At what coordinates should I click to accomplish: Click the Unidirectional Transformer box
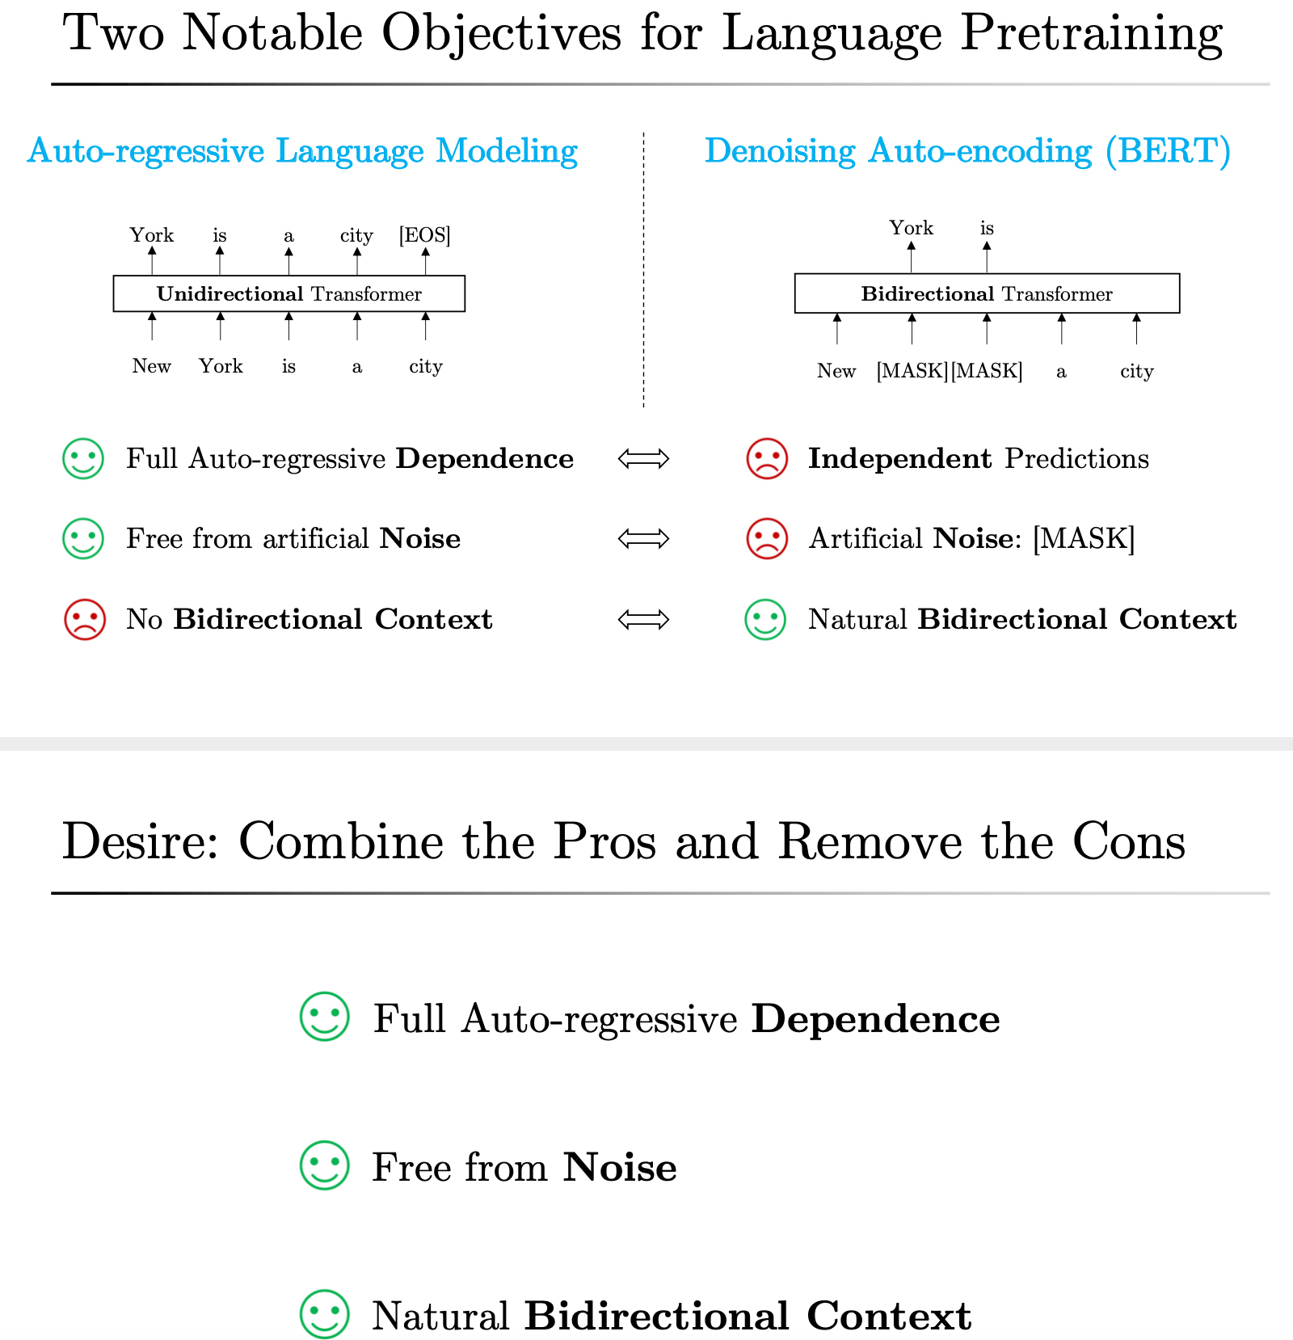pyautogui.click(x=289, y=293)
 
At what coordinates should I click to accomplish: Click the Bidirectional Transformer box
pyautogui.click(x=987, y=293)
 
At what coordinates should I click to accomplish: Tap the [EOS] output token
pyautogui.click(x=424, y=235)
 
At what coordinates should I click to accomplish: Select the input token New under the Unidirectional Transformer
pyautogui.click(x=151, y=366)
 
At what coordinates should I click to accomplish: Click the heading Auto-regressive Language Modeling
pyautogui.click(x=302, y=151)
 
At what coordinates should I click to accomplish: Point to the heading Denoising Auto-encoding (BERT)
pyautogui.click(x=967, y=151)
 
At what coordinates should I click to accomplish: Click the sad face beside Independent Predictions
pyautogui.click(x=766, y=459)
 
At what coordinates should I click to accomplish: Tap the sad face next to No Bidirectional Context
pyautogui.click(x=84, y=620)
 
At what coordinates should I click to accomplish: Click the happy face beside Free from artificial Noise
pyautogui.click(x=83, y=539)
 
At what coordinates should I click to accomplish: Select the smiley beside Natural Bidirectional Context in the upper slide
pyautogui.click(x=764, y=620)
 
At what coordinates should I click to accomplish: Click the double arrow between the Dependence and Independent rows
pyautogui.click(x=643, y=459)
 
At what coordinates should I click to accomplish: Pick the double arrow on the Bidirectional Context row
pyautogui.click(x=643, y=620)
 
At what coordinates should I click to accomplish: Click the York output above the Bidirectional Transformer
pyautogui.click(x=911, y=228)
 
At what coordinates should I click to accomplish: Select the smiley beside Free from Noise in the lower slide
pyautogui.click(x=324, y=1165)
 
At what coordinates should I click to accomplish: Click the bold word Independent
pyautogui.click(x=899, y=459)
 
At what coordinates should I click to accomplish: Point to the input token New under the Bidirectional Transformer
pyautogui.click(x=836, y=371)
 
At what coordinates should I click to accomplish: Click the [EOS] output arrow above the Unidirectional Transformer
pyautogui.click(x=425, y=261)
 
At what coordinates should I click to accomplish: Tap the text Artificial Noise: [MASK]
pyautogui.click(x=971, y=539)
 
